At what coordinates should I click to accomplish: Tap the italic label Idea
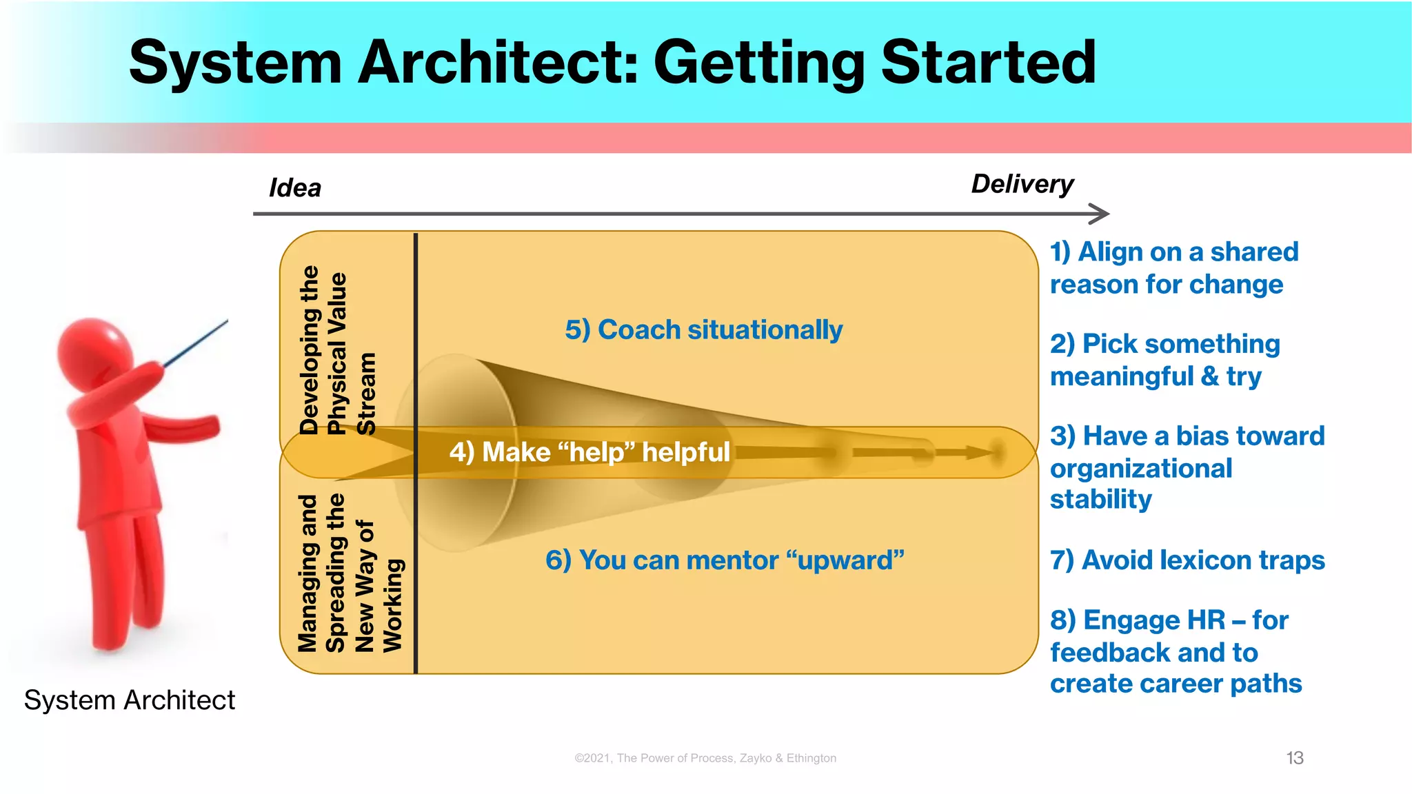pos(294,188)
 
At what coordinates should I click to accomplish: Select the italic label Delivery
pos(1022,184)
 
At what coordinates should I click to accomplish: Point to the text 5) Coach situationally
pos(703,330)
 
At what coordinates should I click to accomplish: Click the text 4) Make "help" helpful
pos(589,453)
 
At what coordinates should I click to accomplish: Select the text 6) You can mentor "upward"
pos(724,560)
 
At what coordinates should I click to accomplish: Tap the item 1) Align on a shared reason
pos(1173,268)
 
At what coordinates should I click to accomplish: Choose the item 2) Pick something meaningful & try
pos(1164,360)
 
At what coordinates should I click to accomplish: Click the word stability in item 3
pos(1101,499)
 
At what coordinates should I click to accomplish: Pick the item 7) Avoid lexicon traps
pos(1187,560)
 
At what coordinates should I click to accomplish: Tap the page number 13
pos(1294,758)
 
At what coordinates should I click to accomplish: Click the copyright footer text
pos(705,758)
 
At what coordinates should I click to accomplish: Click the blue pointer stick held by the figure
pos(196,343)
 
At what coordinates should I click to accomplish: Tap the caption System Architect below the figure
pos(130,700)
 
